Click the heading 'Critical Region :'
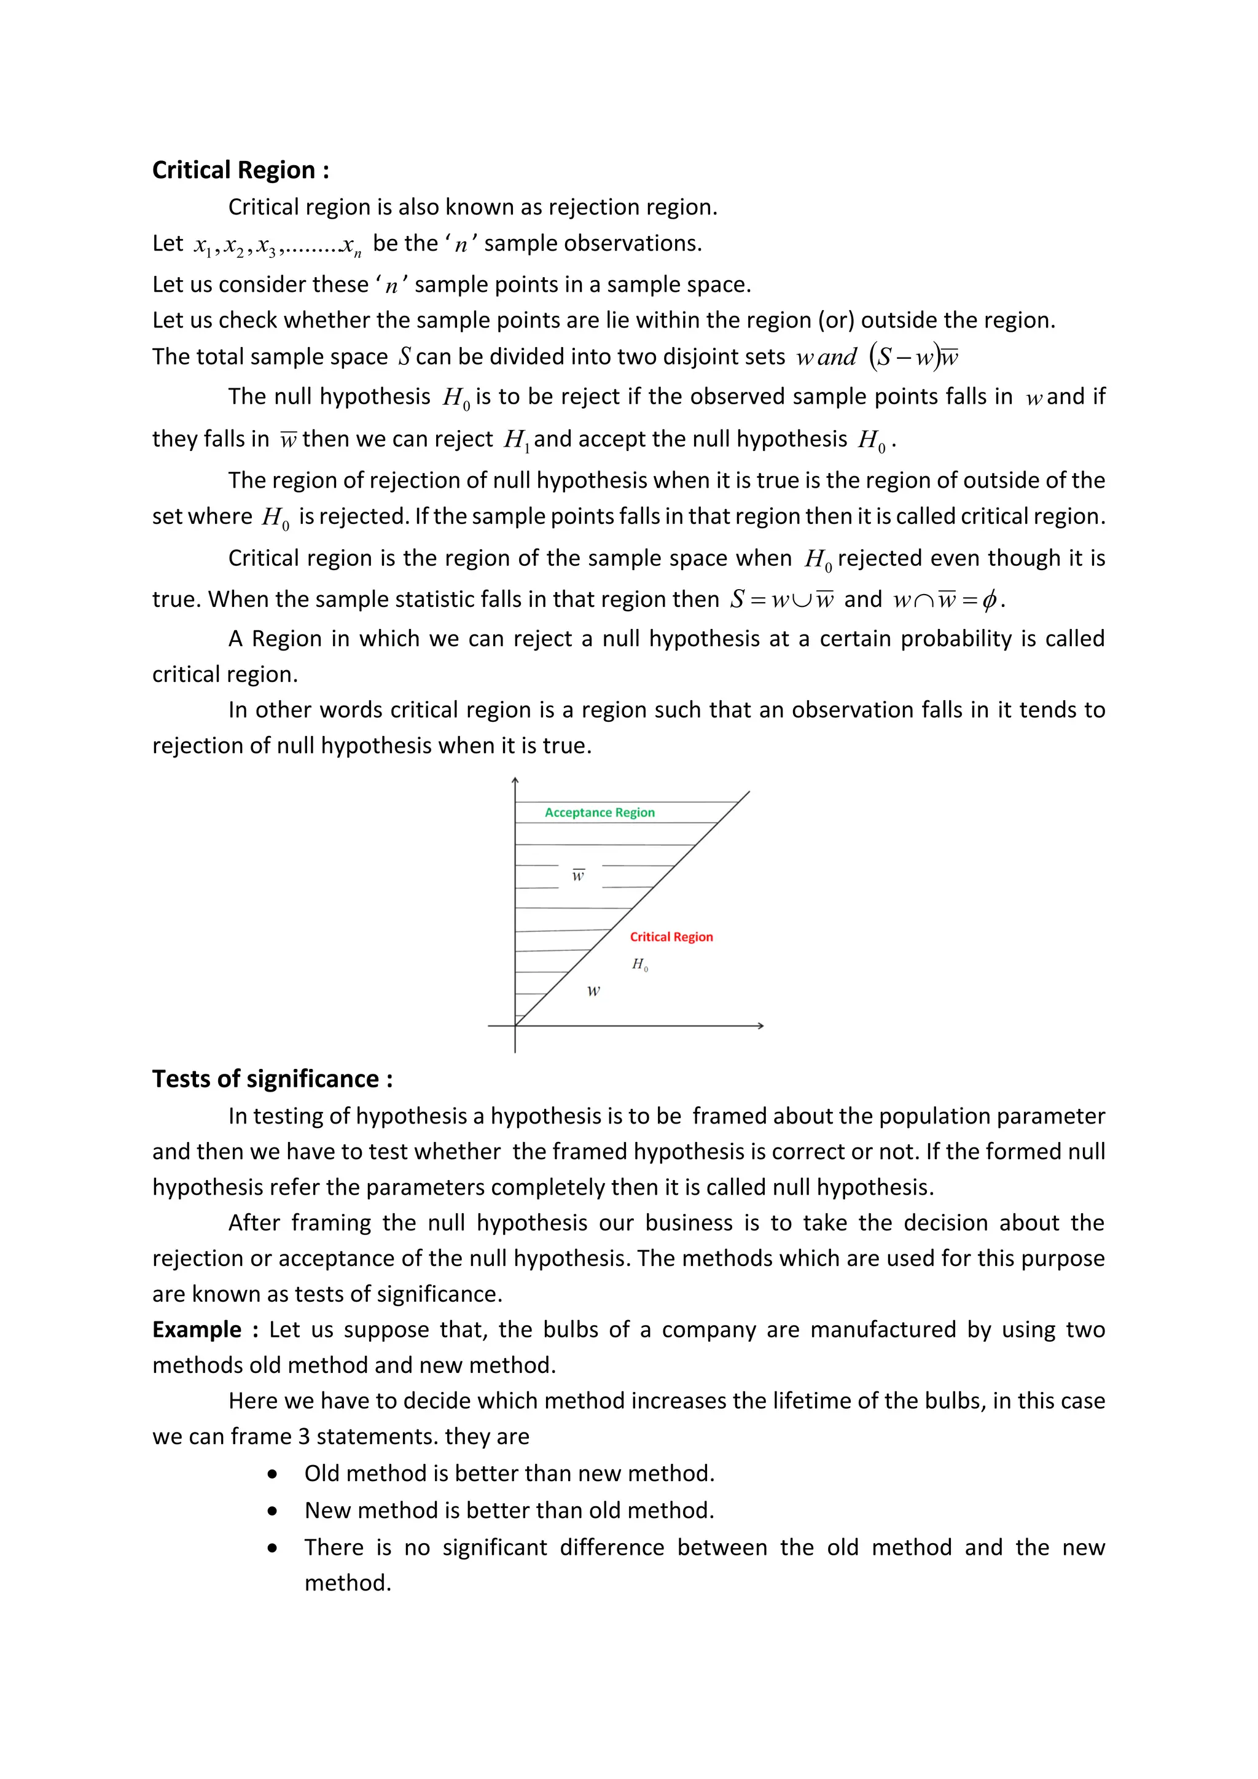point(240,170)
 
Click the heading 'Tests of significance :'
point(272,1079)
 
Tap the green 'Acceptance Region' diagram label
point(600,812)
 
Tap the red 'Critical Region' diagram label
point(671,937)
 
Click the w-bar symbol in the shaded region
point(578,875)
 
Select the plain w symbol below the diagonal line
point(593,991)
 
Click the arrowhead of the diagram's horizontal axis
point(760,1026)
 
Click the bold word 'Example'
point(197,1329)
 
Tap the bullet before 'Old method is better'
point(272,1474)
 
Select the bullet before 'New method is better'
point(272,1511)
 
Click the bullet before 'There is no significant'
point(272,1548)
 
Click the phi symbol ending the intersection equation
point(988,600)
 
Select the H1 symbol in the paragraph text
point(516,440)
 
